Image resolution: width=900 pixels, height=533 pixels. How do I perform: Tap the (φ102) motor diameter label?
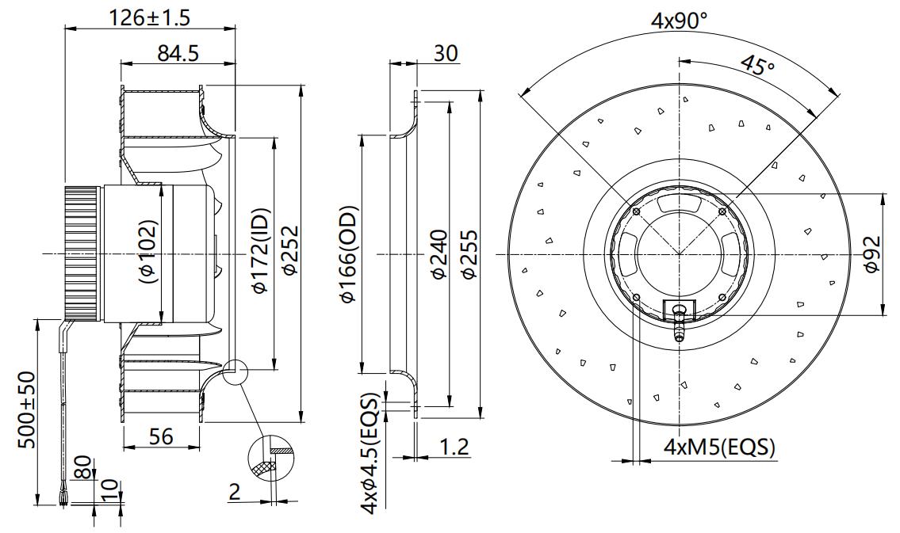click(147, 252)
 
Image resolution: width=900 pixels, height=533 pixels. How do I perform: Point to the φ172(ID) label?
click(261, 251)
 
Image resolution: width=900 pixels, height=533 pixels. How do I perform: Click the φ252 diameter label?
click(290, 251)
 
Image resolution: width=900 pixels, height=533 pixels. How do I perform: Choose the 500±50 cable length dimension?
click(28, 409)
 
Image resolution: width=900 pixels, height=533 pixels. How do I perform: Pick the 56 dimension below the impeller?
click(161, 436)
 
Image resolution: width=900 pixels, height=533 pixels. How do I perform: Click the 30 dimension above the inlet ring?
click(446, 53)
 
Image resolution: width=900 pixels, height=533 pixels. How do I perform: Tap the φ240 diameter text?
click(439, 254)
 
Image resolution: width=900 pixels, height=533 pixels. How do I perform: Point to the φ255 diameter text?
click(469, 254)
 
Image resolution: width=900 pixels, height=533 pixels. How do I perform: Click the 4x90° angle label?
click(680, 21)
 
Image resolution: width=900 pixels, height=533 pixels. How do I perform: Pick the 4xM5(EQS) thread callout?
click(719, 447)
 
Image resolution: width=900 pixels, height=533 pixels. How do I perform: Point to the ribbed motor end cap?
click(84, 252)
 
